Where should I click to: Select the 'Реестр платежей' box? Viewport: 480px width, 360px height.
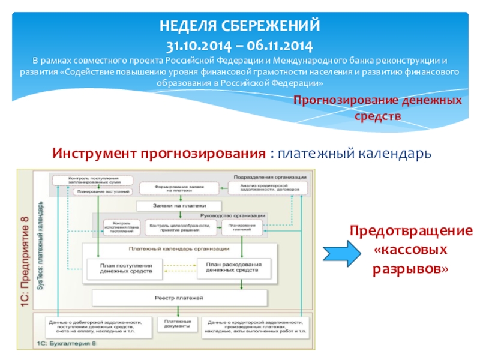(179, 298)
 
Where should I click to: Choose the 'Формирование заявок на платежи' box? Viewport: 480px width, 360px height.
(175, 188)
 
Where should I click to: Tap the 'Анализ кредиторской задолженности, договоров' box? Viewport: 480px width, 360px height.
(267, 188)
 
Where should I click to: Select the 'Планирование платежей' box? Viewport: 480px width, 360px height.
(239, 227)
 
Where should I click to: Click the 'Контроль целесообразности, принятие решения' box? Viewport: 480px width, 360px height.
(179, 227)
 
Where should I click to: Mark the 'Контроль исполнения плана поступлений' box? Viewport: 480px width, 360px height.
(116, 227)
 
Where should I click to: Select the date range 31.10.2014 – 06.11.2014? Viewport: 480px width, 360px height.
(239, 45)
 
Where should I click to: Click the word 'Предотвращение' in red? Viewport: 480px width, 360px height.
(411, 231)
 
